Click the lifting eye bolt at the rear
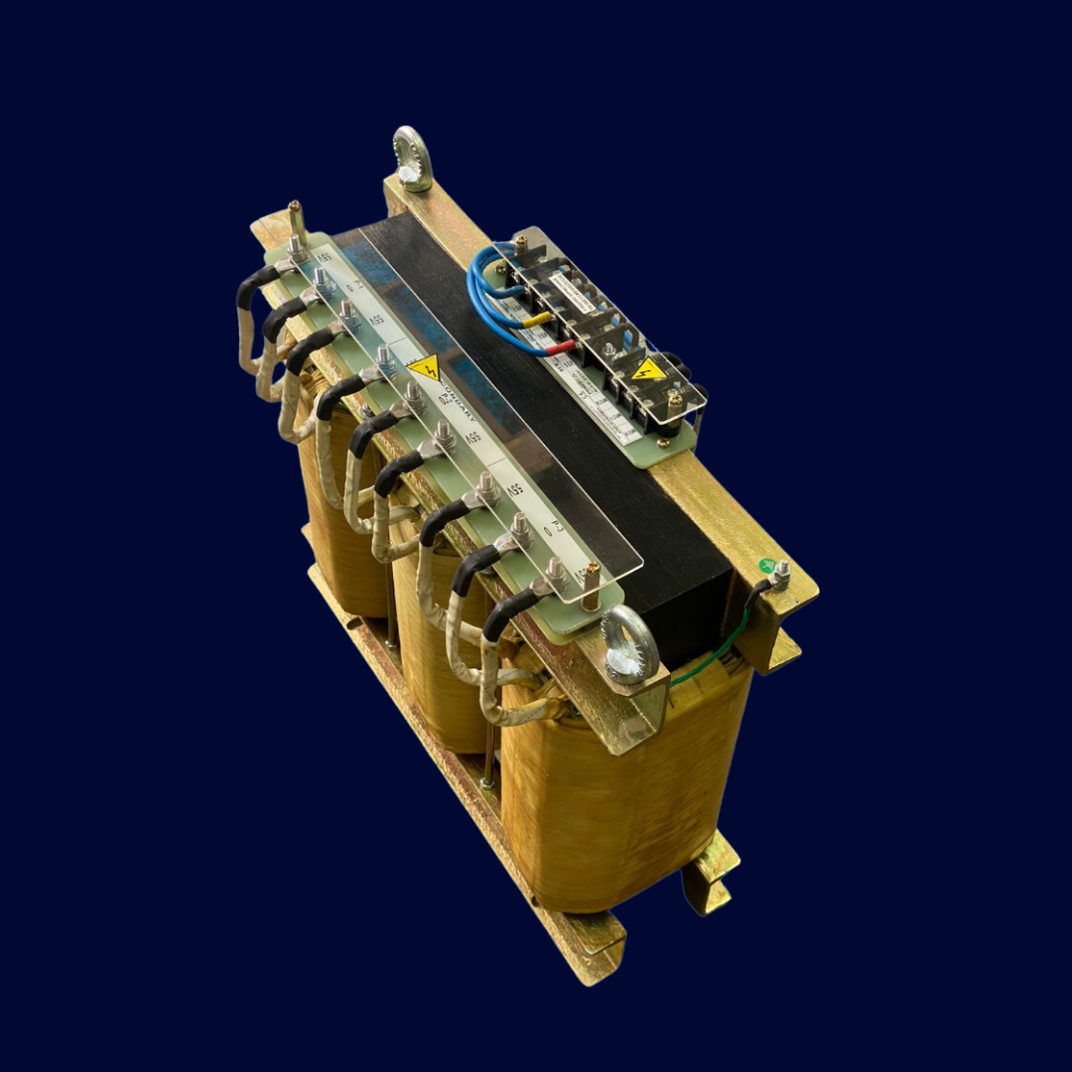pyautogui.click(x=412, y=158)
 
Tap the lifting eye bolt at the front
pyautogui.click(x=629, y=646)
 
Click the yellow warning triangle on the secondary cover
pyautogui.click(x=425, y=368)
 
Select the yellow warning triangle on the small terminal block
pyautogui.click(x=648, y=369)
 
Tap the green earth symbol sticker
pyautogui.click(x=765, y=566)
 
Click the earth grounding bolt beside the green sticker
pyautogui.click(x=781, y=575)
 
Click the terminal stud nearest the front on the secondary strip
pyautogui.click(x=557, y=573)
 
